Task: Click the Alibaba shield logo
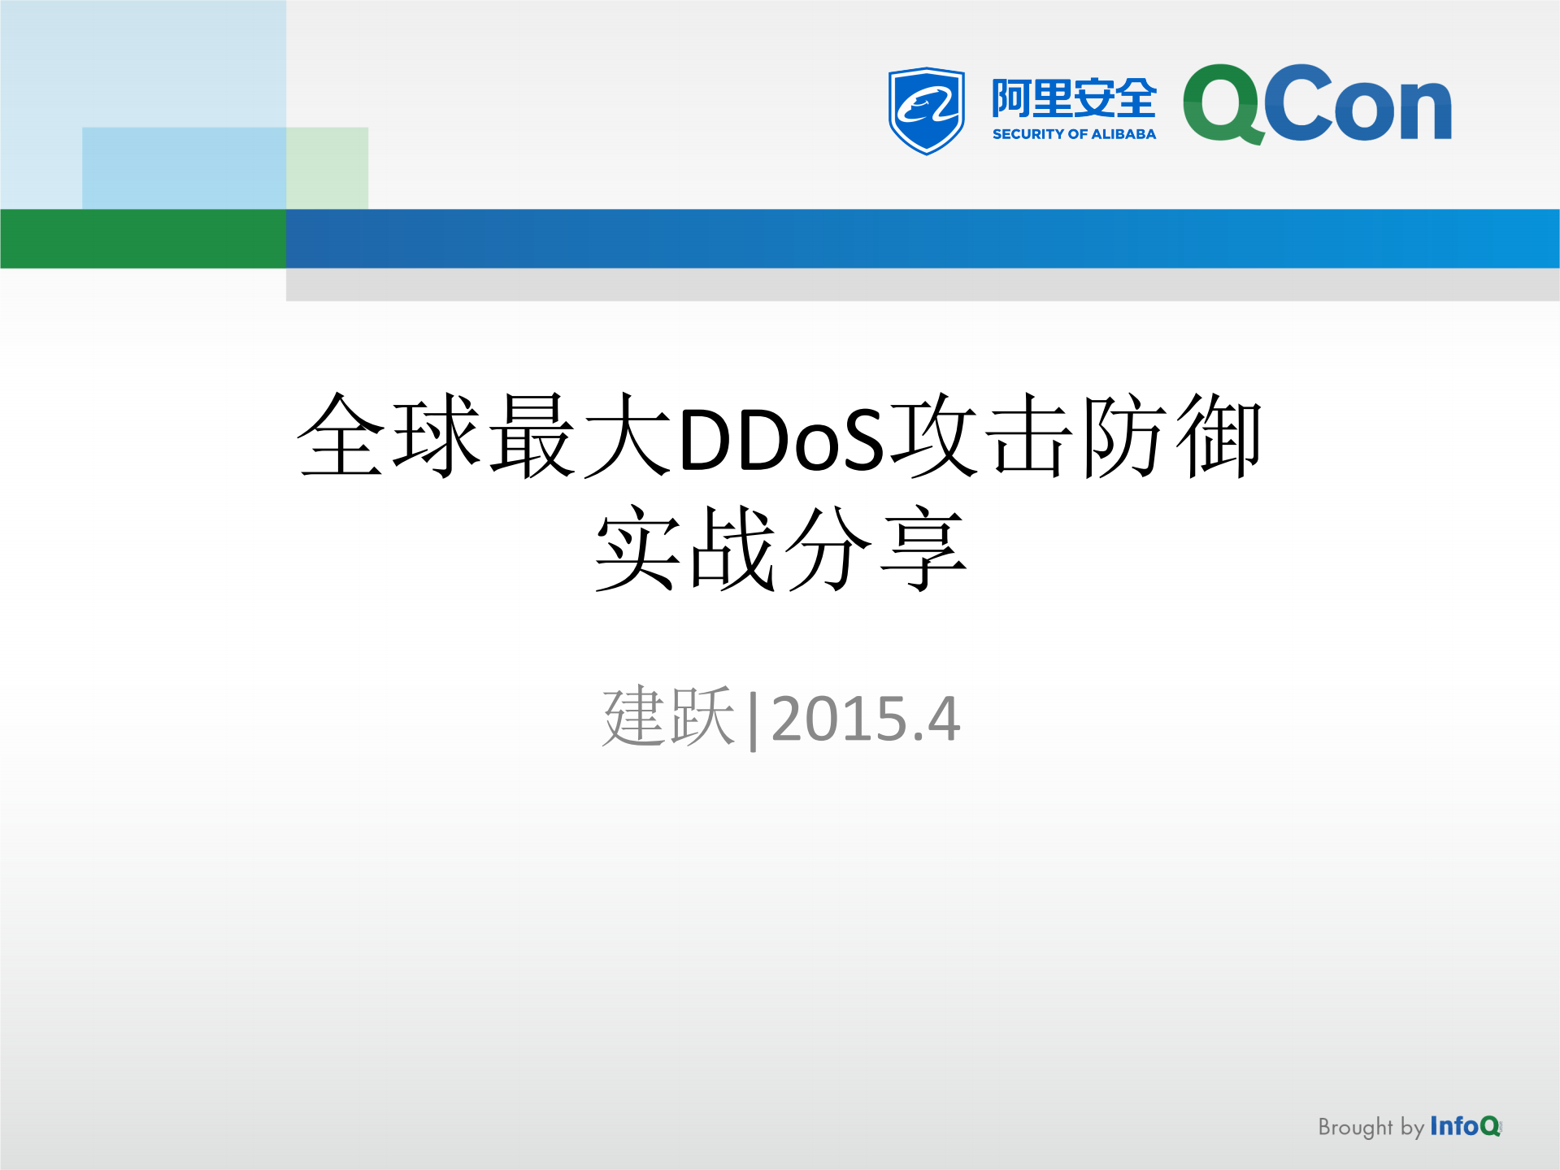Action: (x=927, y=110)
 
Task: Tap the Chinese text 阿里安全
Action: (x=1073, y=98)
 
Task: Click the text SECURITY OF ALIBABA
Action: (x=1073, y=134)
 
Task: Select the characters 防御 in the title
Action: (x=1171, y=437)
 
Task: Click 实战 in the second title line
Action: (x=684, y=549)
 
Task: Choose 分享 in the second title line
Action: (x=876, y=549)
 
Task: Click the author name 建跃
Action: (x=668, y=717)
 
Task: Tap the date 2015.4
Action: (x=865, y=719)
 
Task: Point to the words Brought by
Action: (x=1371, y=1127)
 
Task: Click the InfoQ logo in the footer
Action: (x=1465, y=1126)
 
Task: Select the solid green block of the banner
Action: (x=143, y=238)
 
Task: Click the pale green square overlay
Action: (x=328, y=167)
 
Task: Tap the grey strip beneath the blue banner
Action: (x=922, y=285)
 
